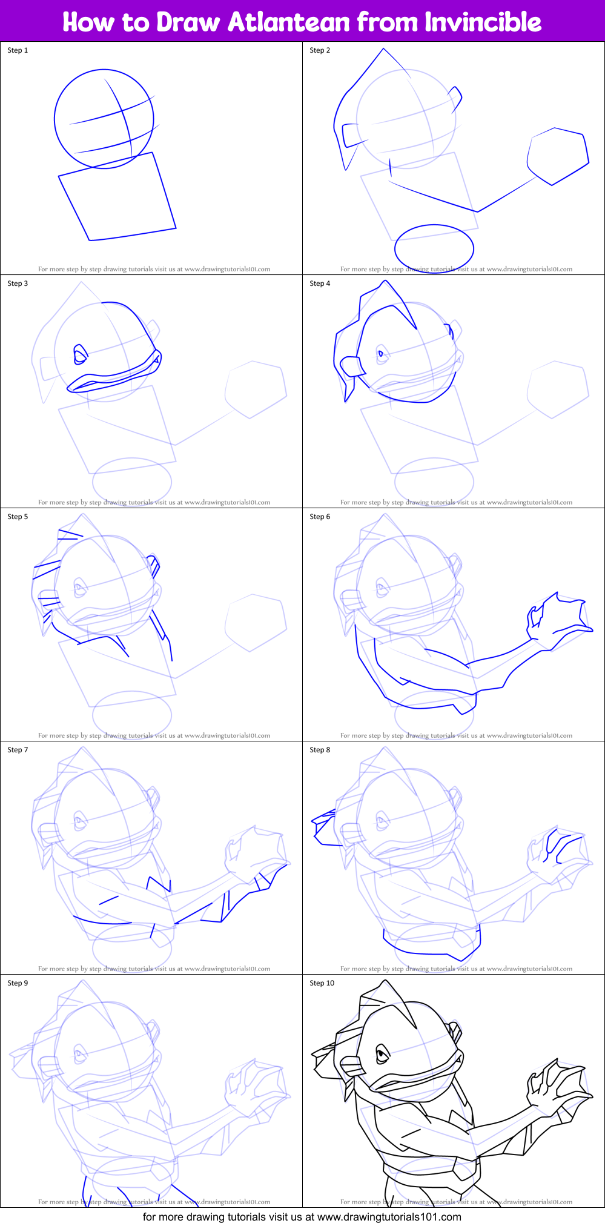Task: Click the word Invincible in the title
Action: (x=483, y=22)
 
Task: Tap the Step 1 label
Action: (x=18, y=50)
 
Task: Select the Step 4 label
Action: (x=320, y=283)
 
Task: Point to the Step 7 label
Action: (x=18, y=750)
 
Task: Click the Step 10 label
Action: (x=322, y=983)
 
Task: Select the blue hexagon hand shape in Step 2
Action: (x=557, y=156)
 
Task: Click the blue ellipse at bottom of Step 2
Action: (x=434, y=248)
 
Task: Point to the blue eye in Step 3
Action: (x=80, y=354)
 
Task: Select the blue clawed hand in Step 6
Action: (x=557, y=618)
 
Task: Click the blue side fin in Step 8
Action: (x=324, y=827)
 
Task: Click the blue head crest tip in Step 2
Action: (x=383, y=50)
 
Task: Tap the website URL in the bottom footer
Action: (x=389, y=1216)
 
